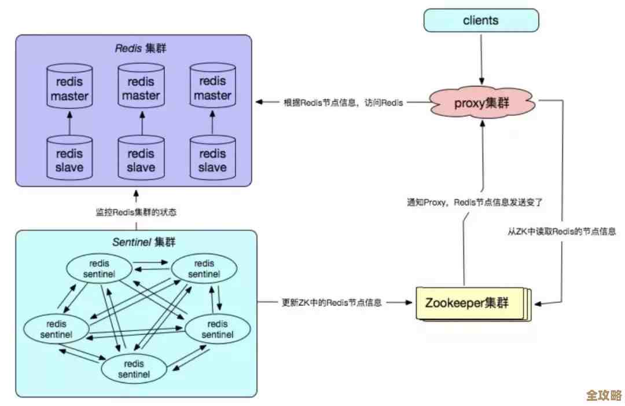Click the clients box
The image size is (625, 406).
click(481, 21)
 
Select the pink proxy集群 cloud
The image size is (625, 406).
click(481, 104)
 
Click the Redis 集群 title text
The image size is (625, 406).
click(140, 49)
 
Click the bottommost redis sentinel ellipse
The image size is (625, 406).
click(134, 369)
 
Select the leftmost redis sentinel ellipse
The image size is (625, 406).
click(57, 329)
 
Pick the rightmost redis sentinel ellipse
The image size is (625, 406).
click(217, 329)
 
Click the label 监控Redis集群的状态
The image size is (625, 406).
click(136, 212)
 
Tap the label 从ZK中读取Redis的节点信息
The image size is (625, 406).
click(561, 231)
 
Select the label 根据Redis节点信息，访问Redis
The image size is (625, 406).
click(343, 102)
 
